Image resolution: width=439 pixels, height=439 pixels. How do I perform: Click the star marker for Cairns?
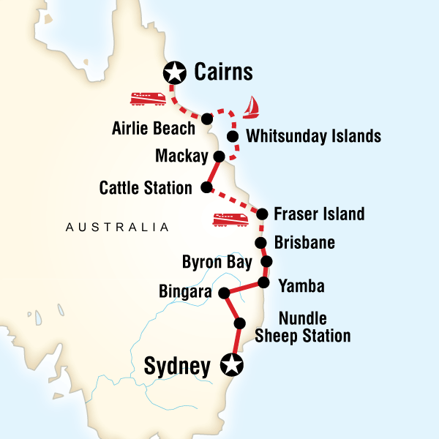point(175,72)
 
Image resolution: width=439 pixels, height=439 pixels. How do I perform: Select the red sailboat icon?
point(252,107)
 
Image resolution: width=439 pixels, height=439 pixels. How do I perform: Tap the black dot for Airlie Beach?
point(207,118)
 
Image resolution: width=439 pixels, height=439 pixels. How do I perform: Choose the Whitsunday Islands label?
point(314,136)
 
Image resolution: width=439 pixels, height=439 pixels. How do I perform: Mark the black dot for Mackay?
point(218,156)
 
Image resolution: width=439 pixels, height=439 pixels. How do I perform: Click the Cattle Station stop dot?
point(206,188)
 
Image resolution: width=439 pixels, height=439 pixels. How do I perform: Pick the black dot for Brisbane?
point(260,243)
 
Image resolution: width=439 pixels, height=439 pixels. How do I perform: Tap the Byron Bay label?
point(217,262)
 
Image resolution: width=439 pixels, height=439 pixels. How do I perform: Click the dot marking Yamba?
point(263,282)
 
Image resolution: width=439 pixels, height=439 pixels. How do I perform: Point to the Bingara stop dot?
point(224,293)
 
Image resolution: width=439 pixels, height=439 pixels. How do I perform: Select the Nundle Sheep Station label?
point(303,328)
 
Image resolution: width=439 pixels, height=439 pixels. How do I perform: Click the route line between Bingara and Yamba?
point(244,288)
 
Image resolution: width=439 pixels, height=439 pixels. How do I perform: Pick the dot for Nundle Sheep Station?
point(239,324)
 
